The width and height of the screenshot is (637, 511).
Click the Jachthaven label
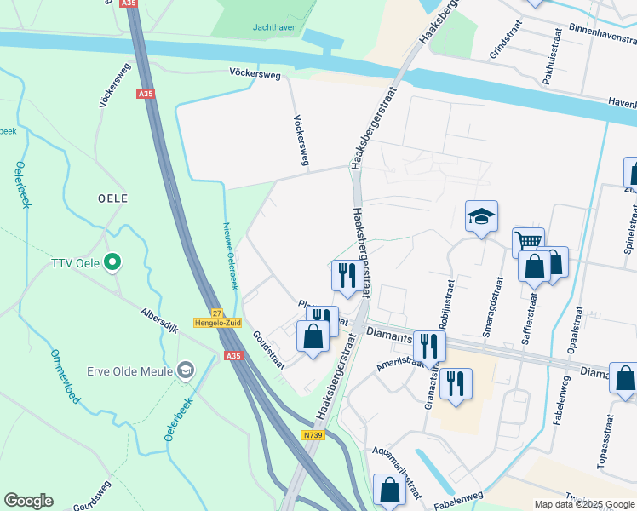(273, 26)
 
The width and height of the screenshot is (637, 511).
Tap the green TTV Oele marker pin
(111, 262)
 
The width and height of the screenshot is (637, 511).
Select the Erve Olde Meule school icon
(184, 370)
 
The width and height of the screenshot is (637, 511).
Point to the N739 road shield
(312, 435)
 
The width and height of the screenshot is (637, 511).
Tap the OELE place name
(113, 198)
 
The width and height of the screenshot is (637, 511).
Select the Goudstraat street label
(267, 347)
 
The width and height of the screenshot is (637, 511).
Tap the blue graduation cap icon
(481, 217)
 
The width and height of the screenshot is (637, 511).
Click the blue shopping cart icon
(528, 242)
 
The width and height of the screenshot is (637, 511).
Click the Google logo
(28, 501)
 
